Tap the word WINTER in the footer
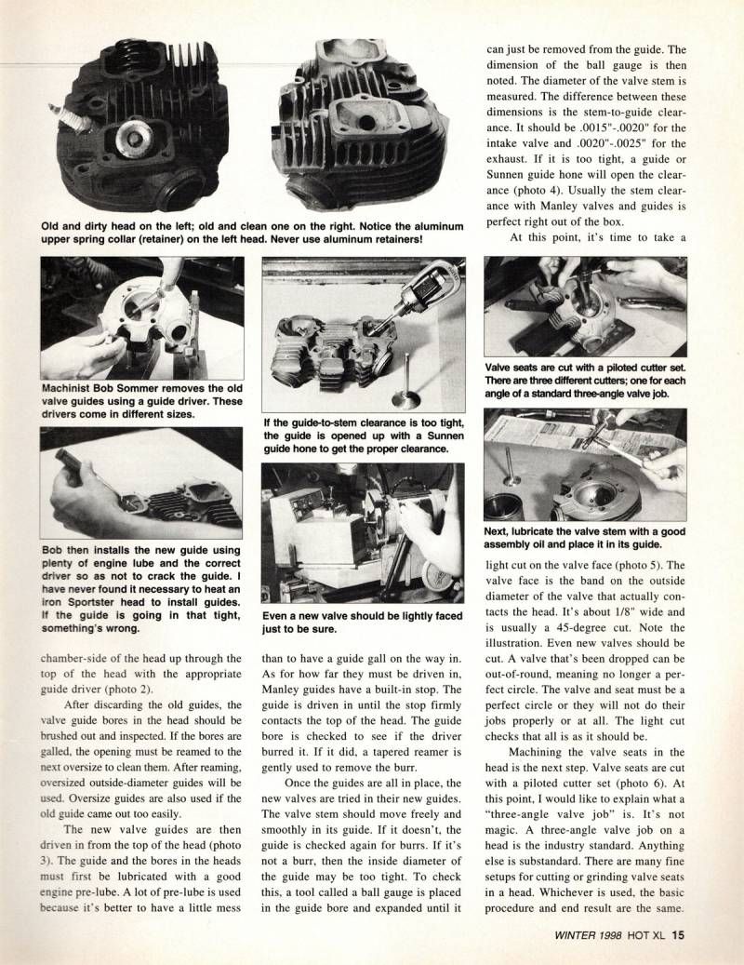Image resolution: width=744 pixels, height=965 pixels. [550, 937]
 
